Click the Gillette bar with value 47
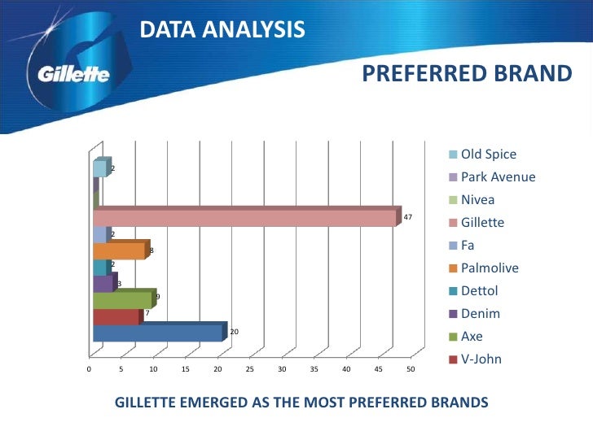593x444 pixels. [244, 218]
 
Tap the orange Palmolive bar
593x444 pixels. [120, 250]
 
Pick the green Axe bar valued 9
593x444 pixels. [123, 299]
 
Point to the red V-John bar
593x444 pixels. [116, 316]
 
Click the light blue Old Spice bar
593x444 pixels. [99, 168]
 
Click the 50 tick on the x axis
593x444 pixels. [410, 370]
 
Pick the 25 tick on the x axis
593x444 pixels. [249, 370]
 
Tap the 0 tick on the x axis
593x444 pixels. [89, 370]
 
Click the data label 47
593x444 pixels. [408, 218]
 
